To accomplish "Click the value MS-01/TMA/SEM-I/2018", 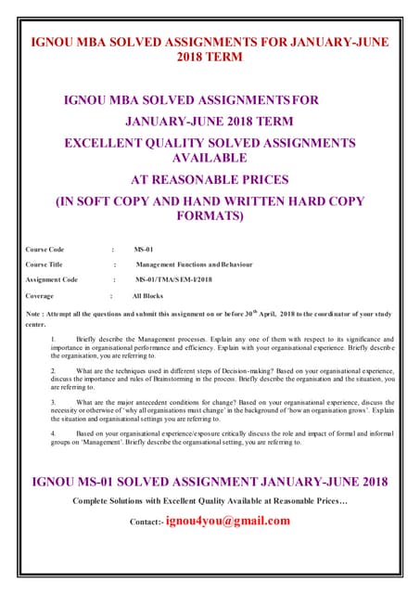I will click(174, 279).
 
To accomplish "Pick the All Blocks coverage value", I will click(148, 295).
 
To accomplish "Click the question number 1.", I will click(53, 341).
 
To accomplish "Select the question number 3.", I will click(53, 403).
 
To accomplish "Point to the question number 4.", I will click(53, 433).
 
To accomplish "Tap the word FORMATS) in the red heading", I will click(210, 216).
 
